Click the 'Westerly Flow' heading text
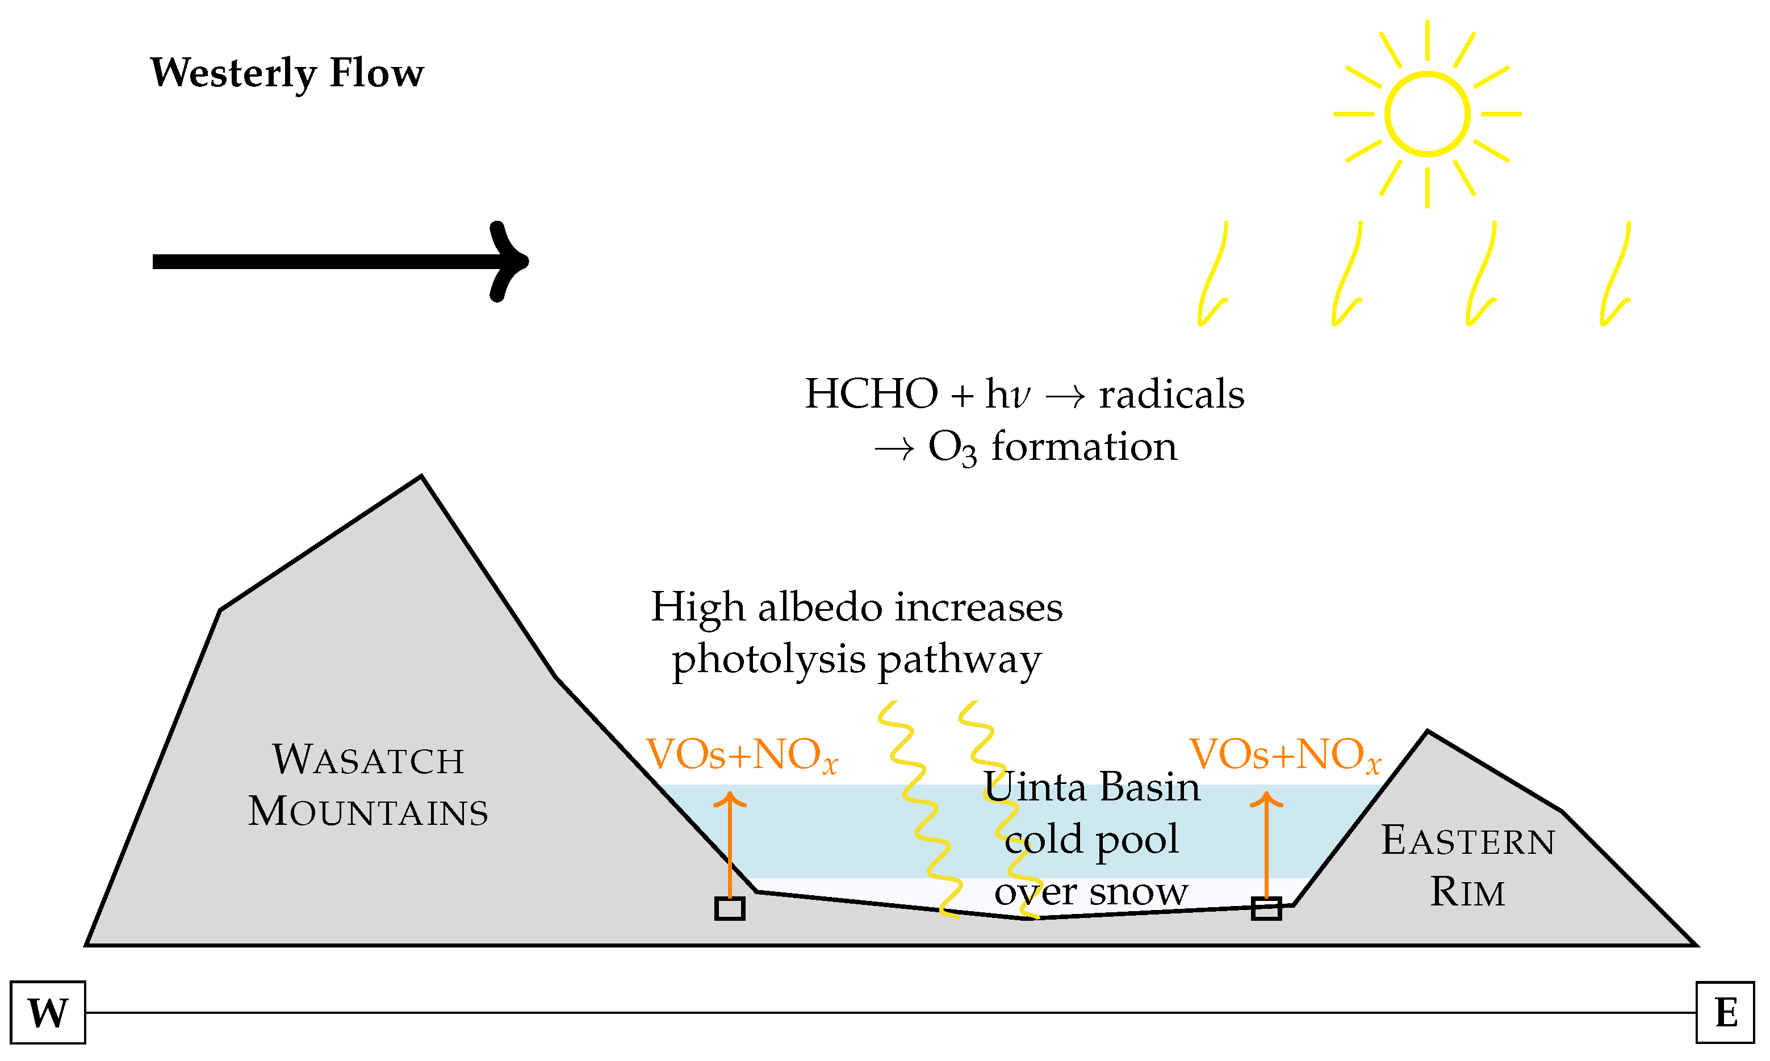coord(287,74)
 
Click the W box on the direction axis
coord(48,1012)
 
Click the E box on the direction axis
coord(1725,1012)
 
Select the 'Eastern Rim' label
coord(1467,866)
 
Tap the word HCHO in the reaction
coord(871,395)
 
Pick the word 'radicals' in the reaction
coord(1171,395)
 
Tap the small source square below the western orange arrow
coord(730,909)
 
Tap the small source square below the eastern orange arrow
coord(1266,909)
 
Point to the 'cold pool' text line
coord(1091,840)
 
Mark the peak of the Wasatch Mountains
coord(421,477)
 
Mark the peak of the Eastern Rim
coord(1428,732)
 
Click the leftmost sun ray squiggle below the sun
coord(1213,273)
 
